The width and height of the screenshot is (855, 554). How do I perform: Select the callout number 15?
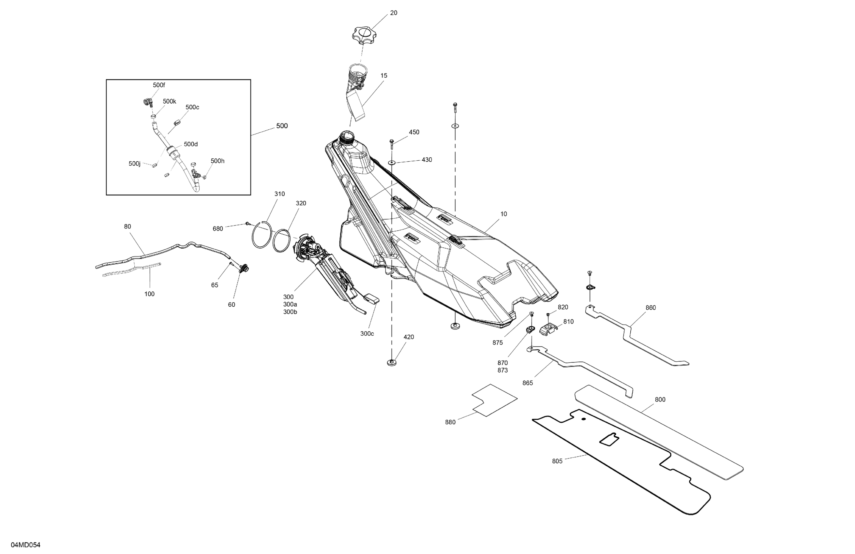(384, 76)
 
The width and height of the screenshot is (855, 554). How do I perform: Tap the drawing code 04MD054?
(25, 545)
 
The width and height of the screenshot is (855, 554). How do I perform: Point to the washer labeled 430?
(392, 163)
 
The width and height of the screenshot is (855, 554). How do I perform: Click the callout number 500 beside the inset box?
(282, 126)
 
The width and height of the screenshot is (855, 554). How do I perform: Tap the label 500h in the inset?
(217, 161)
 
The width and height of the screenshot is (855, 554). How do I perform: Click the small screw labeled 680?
(247, 224)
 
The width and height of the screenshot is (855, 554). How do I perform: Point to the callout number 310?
(279, 194)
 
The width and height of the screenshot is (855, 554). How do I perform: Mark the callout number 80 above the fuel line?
(127, 226)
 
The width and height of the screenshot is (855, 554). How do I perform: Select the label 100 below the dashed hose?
(149, 294)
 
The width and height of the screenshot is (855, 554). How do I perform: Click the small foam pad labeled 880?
(494, 400)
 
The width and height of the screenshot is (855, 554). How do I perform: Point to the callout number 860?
(651, 308)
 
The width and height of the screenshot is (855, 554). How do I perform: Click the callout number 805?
(557, 461)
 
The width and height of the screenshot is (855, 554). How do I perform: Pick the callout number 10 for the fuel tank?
(504, 214)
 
